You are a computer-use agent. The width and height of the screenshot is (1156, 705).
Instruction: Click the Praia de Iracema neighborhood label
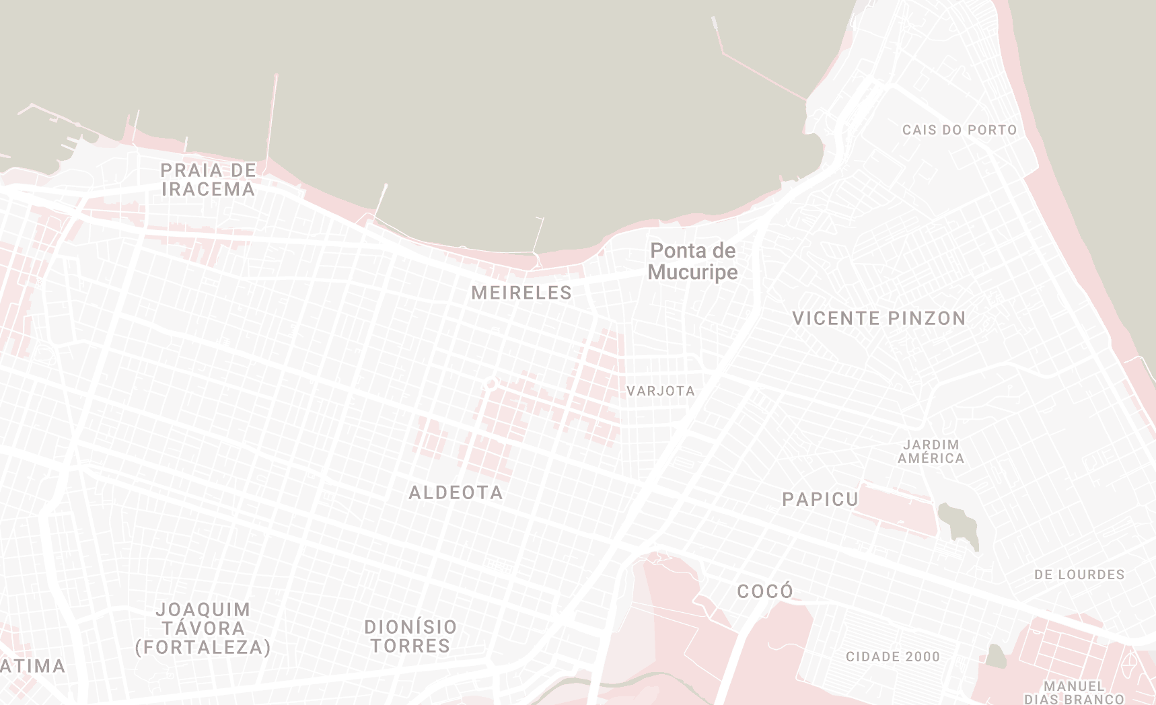coord(208,180)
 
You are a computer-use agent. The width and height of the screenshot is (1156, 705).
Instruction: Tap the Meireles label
coord(521,293)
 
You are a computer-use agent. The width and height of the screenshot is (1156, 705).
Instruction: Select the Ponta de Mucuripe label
coord(692,261)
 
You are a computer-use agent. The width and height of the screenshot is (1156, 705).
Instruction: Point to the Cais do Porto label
coord(959,130)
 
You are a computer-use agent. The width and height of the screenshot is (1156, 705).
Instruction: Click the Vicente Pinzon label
coord(879,318)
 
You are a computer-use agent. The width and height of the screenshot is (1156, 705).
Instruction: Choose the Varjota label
coord(661,391)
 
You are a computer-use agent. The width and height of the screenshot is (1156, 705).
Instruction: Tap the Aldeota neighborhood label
coord(456,492)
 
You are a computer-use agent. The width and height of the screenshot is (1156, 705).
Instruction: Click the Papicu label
coord(820,499)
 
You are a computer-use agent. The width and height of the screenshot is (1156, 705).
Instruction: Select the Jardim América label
coord(931,451)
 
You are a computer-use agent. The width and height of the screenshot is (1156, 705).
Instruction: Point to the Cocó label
coord(765,591)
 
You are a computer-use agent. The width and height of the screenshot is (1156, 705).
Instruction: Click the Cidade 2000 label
coord(893,657)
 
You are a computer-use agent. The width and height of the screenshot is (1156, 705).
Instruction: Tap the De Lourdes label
coord(1079,574)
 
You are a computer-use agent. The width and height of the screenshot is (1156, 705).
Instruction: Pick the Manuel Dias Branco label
coord(1074,692)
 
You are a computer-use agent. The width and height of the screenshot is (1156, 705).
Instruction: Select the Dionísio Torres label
coord(410,636)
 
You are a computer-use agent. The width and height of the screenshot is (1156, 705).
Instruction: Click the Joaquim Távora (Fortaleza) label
coord(203,628)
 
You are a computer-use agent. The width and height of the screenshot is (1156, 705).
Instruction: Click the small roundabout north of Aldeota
coord(491,383)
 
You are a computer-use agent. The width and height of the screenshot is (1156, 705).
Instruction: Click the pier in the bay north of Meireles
coord(539,235)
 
